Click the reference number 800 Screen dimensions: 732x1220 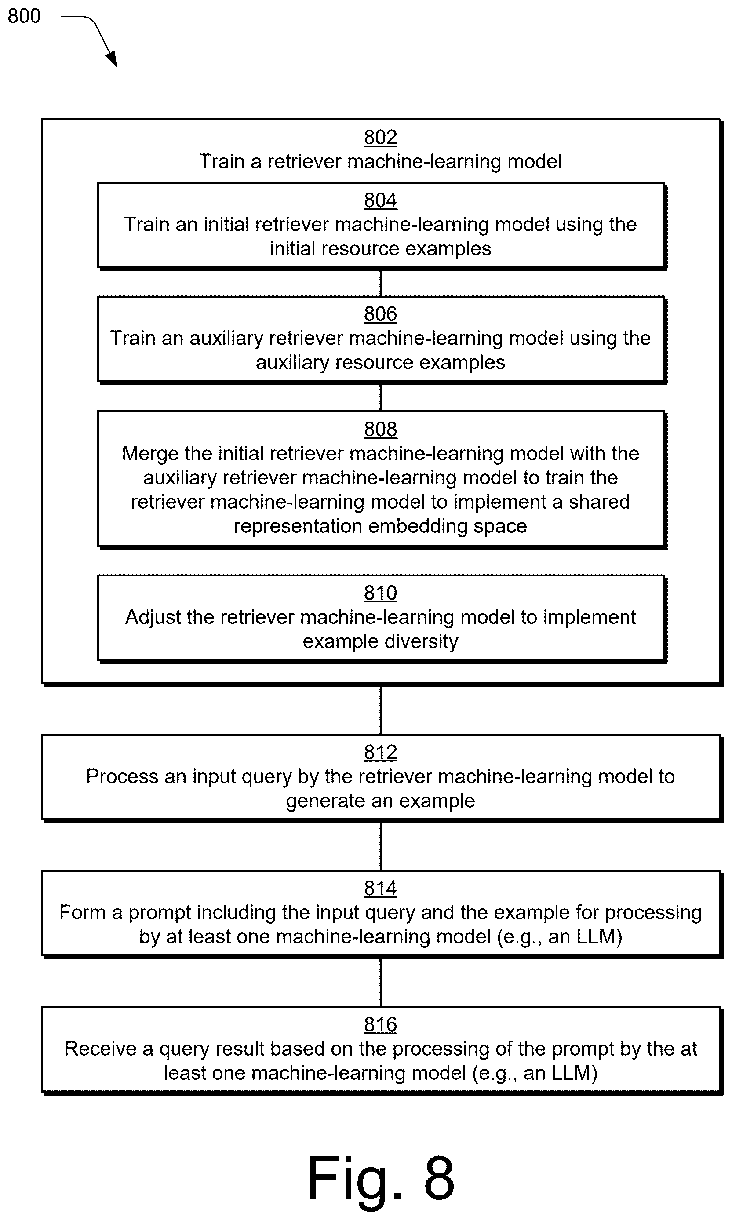coord(24,16)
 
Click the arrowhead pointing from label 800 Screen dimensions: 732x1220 coord(112,58)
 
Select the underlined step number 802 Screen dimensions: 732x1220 coord(380,137)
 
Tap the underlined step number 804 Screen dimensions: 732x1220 coord(380,200)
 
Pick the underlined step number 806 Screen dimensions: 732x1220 coord(380,313)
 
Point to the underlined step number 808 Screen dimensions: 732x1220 coord(380,429)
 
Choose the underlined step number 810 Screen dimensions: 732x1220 coord(380,593)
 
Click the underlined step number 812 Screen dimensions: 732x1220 coord(380,752)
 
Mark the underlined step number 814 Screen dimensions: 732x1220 coord(380,888)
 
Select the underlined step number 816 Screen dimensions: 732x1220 coord(380,1024)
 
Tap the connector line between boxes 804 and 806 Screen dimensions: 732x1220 coord(380,283)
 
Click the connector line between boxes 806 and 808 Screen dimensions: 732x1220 coord(380,397)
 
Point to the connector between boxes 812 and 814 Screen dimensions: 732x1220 coord(380,846)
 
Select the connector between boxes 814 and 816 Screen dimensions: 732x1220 coord(380,982)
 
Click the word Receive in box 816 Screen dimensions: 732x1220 coord(100,1049)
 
